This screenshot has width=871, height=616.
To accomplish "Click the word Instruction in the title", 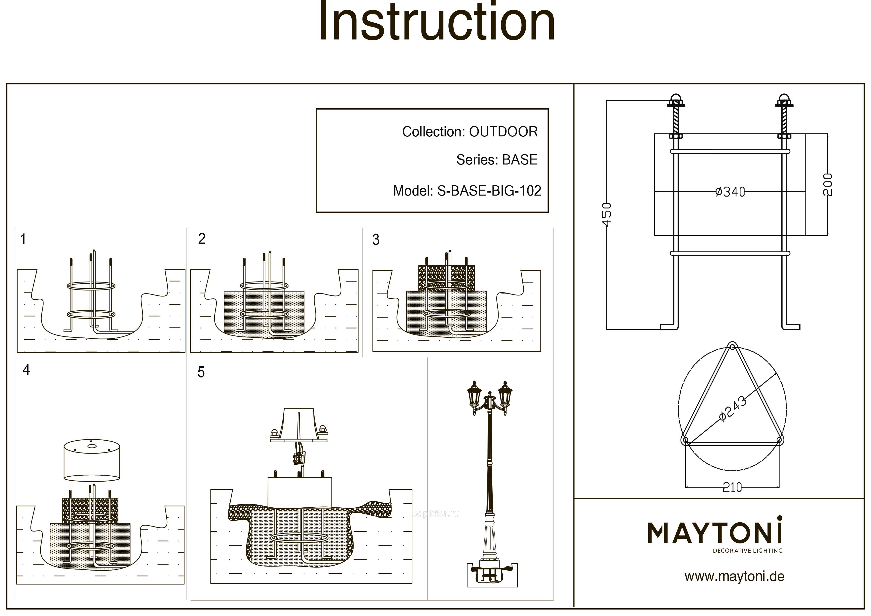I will (436, 22).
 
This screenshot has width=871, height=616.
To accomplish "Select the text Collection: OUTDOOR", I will (470, 132).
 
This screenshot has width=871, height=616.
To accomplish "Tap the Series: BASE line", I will (497, 160).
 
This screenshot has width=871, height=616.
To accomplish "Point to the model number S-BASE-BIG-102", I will (489, 191).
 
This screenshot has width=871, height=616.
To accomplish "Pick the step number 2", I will (202, 239).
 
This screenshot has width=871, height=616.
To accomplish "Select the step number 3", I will (376, 240).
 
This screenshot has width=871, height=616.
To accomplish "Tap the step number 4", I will (26, 370).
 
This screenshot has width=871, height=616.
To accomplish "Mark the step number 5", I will (201, 372).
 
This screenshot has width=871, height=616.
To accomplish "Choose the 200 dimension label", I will (828, 184).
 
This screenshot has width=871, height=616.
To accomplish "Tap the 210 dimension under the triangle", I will (732, 487).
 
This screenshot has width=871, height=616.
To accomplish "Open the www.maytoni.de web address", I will (734, 576).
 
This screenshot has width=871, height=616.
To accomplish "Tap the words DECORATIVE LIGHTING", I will (747, 551).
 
